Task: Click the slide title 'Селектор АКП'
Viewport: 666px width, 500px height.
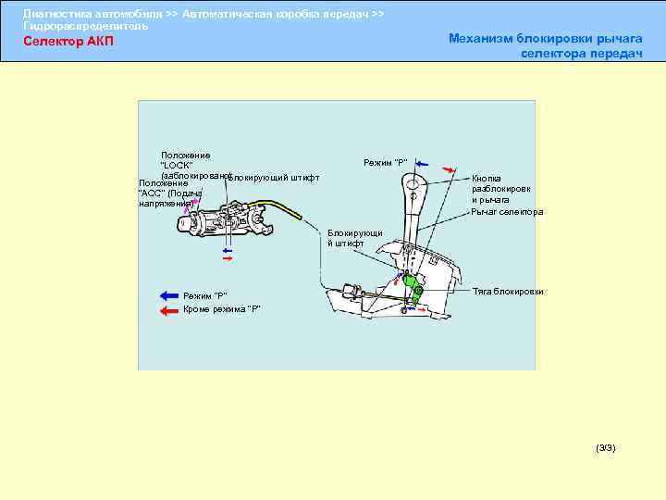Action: pyautogui.click(x=68, y=42)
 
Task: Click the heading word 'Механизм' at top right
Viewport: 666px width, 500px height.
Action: pyautogui.click(x=487, y=38)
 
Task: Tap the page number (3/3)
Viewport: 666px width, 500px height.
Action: pyautogui.click(x=606, y=448)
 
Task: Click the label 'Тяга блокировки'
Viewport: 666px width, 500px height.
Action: pyautogui.click(x=508, y=292)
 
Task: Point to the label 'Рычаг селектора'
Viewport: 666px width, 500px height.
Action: pyautogui.click(x=507, y=212)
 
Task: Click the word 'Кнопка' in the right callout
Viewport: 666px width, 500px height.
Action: pyautogui.click(x=487, y=178)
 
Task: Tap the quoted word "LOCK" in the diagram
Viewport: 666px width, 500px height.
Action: pyautogui.click(x=177, y=166)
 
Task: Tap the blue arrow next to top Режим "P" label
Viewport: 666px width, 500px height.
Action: pyautogui.click(x=422, y=163)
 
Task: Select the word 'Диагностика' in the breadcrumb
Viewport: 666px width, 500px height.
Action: pyautogui.click(x=56, y=14)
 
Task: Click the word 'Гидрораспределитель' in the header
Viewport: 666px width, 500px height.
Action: pyautogui.click(x=85, y=26)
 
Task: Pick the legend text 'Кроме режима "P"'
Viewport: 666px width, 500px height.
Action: pyautogui.click(x=222, y=309)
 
